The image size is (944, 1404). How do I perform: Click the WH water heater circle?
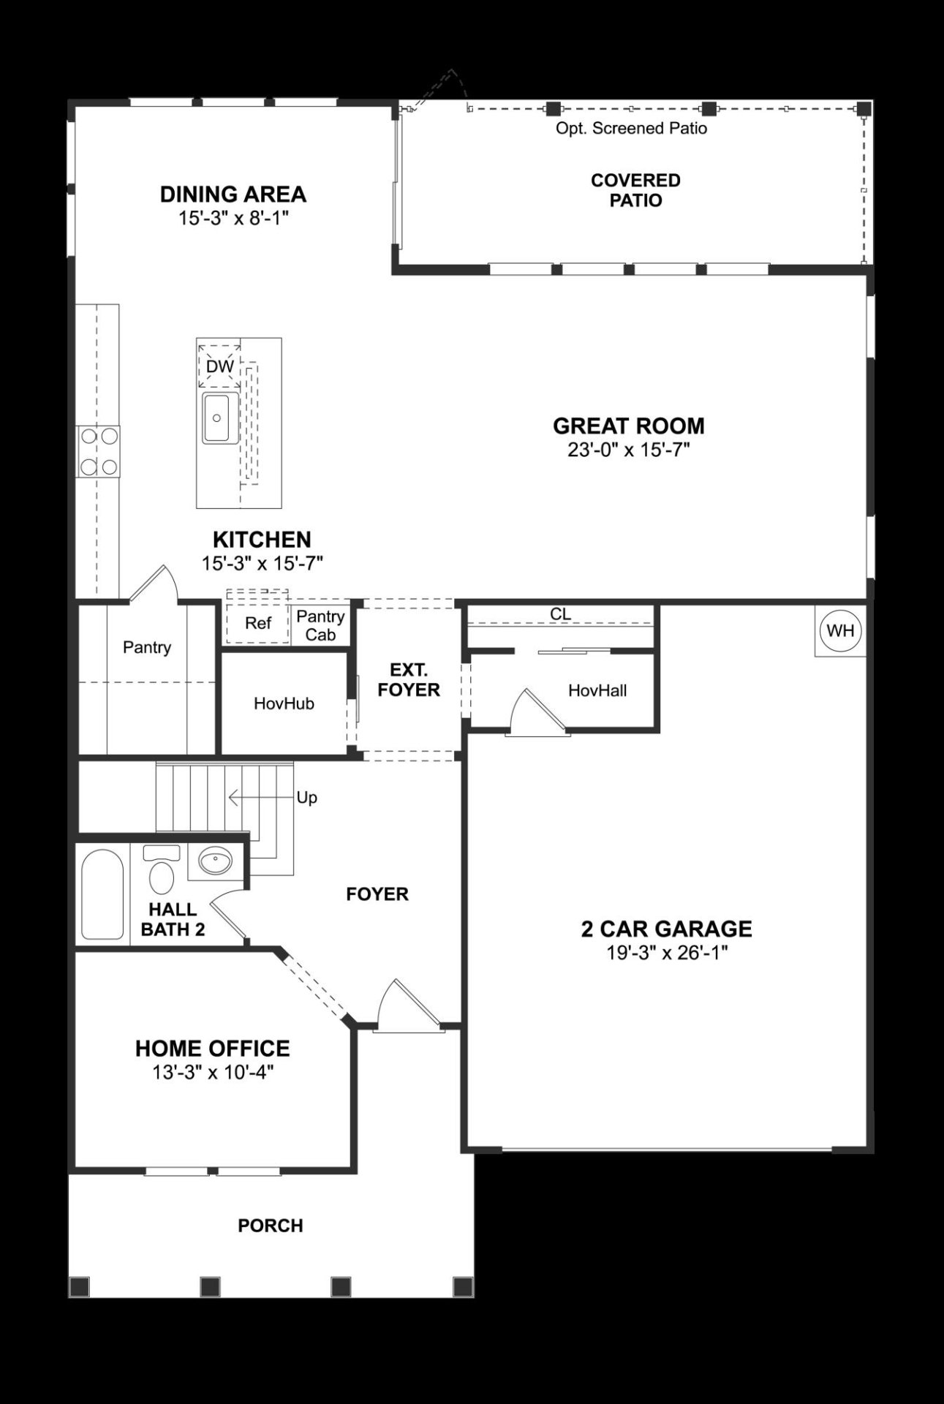point(841,630)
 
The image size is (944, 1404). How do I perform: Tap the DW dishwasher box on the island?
point(219,366)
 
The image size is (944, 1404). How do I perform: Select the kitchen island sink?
point(219,418)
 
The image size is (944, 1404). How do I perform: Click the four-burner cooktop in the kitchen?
point(99,451)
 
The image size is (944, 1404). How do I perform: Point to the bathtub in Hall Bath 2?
point(102,894)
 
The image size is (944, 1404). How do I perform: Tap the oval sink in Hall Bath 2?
point(215,862)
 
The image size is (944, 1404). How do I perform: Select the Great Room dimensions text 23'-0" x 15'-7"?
point(629,450)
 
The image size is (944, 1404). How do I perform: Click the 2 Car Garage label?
point(666,929)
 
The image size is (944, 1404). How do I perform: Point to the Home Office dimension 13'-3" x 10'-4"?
point(212,1072)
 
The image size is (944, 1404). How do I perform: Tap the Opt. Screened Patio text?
point(631,129)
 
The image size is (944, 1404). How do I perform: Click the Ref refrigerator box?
point(257,623)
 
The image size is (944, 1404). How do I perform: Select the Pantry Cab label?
point(320,625)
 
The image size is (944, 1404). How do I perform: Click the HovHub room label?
point(284,703)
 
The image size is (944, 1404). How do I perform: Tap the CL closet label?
point(560,614)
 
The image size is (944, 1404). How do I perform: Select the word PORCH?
point(271,1226)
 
